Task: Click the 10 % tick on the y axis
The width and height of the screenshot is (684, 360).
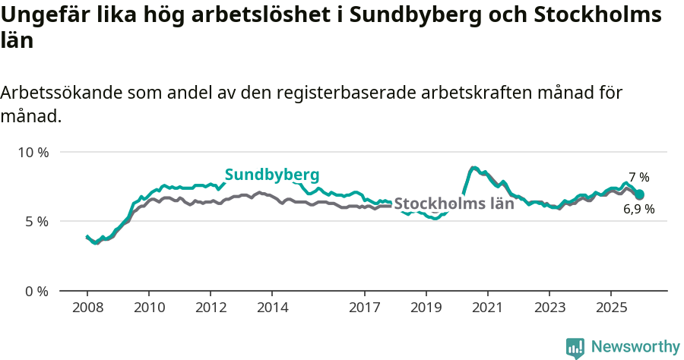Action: click(33, 152)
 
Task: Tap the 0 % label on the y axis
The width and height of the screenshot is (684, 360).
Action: click(36, 292)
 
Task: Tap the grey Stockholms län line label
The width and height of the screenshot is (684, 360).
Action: click(454, 204)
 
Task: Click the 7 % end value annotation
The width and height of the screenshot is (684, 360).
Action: click(638, 177)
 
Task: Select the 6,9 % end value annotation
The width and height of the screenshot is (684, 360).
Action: click(638, 209)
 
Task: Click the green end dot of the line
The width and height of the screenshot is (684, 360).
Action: click(639, 195)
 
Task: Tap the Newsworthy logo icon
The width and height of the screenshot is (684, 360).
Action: click(575, 348)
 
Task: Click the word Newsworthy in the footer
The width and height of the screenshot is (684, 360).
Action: click(635, 347)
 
